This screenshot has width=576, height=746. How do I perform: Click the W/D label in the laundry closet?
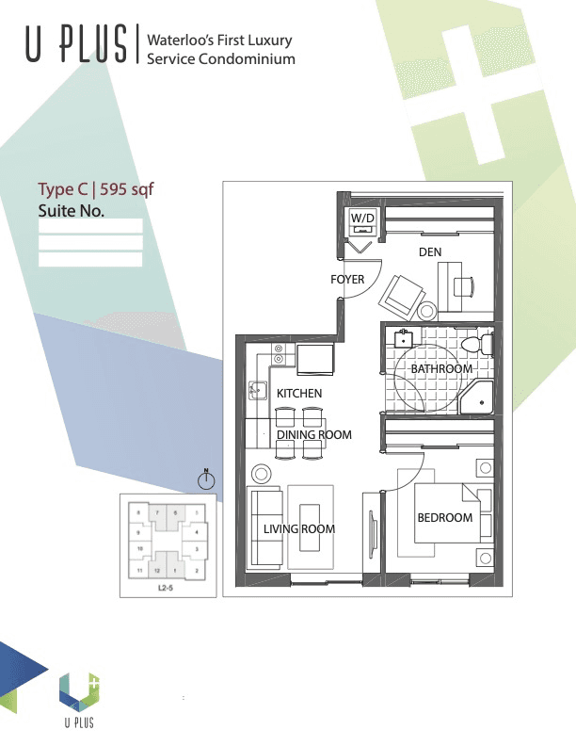362,219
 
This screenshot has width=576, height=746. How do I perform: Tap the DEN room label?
430,252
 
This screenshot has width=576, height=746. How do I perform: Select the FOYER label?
346,280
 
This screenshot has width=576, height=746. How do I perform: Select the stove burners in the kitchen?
279,354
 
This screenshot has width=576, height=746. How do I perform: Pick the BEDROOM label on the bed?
444,518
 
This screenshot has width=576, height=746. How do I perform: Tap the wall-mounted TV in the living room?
373,535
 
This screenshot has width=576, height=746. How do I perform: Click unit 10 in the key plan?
139,547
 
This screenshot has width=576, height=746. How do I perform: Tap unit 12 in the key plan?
158,571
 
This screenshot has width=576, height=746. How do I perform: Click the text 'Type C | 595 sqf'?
95,188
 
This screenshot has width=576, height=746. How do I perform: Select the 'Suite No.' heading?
71,210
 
